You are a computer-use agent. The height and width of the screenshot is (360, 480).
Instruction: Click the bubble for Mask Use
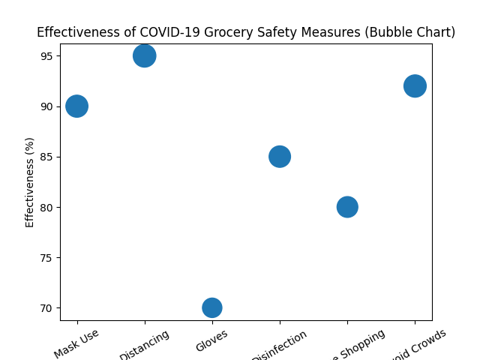[x=76, y=106]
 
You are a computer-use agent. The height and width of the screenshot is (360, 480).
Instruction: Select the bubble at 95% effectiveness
[x=144, y=55]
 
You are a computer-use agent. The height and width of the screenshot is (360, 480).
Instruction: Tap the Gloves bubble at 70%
[x=212, y=307]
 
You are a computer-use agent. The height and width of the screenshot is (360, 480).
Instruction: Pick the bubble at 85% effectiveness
[x=280, y=156]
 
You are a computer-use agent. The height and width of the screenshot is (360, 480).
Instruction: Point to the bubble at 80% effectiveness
[x=347, y=206]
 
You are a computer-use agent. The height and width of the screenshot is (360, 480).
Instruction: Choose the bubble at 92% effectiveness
[x=415, y=85]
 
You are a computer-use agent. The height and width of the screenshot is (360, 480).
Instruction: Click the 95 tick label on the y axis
[x=46, y=56]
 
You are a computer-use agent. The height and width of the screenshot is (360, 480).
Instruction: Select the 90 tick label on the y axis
[x=46, y=106]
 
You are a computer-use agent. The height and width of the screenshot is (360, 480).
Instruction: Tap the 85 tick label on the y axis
[x=46, y=157]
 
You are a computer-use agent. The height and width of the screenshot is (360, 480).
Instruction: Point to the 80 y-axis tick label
[x=46, y=207]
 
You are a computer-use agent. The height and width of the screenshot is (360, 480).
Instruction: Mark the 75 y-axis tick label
[x=46, y=257]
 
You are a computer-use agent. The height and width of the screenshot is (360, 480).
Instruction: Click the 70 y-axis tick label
[x=46, y=307]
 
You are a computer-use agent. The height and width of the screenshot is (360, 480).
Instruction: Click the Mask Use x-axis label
[x=76, y=339]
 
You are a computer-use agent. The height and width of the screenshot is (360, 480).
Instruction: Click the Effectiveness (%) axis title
[x=30, y=181]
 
